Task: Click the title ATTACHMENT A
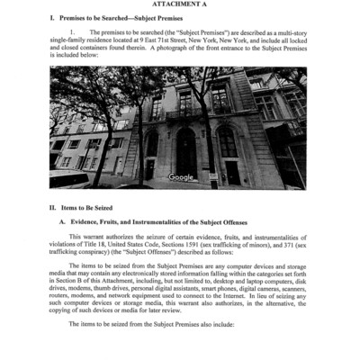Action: tap(180, 5)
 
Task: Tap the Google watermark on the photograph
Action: tap(181, 177)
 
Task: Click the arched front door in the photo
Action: tap(186, 148)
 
